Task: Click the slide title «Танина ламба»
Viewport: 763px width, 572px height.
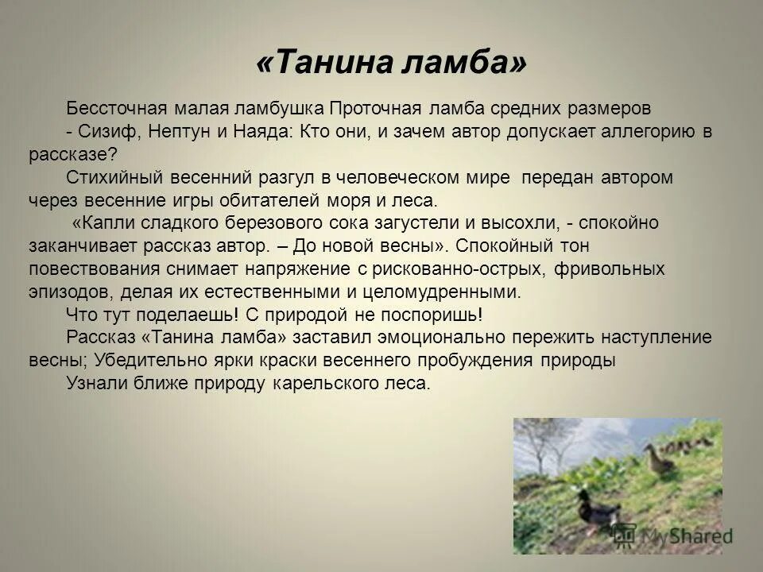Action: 391,63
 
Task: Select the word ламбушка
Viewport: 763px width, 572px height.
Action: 285,107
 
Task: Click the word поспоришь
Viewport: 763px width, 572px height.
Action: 433,314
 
